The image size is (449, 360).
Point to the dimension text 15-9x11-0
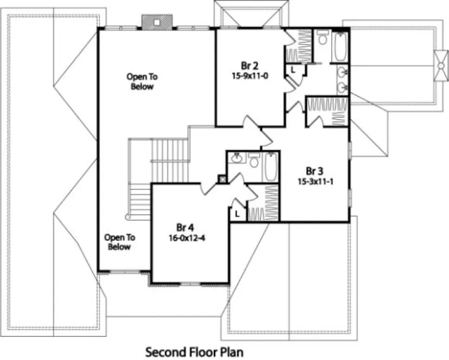250,76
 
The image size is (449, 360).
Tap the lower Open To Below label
119,242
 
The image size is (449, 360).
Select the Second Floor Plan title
194,352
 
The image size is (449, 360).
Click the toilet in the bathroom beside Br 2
323,38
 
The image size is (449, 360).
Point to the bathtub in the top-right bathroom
340,47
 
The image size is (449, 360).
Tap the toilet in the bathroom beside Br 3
254,161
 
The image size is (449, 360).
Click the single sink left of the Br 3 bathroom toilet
236,158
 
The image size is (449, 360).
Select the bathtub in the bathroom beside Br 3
271,166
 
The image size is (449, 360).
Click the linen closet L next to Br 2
292,69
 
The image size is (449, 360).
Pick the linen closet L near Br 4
238,214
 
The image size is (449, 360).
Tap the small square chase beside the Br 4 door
222,178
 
